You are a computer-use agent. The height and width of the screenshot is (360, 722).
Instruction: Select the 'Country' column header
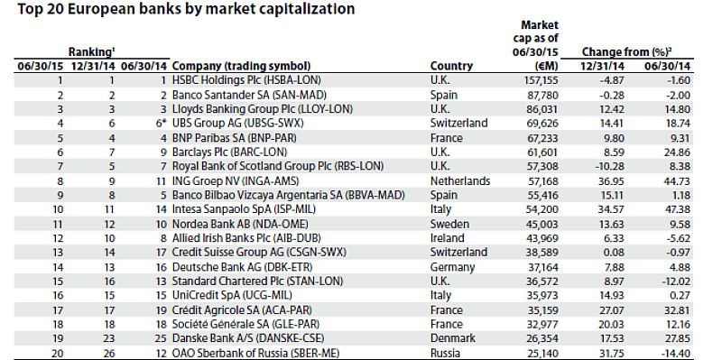click(x=451, y=66)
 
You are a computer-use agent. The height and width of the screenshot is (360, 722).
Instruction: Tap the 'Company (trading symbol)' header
click(x=241, y=66)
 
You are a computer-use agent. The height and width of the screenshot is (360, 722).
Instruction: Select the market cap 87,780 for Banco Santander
click(x=544, y=95)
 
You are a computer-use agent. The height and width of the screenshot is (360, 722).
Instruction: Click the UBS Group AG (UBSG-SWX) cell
click(x=238, y=124)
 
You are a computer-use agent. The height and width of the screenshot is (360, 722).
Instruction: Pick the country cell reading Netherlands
click(x=460, y=181)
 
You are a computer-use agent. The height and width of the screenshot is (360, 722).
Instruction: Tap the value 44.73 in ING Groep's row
click(x=678, y=181)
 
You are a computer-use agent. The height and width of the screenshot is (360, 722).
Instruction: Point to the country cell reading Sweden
click(x=449, y=224)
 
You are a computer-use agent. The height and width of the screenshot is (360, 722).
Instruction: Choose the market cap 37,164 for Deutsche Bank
click(x=544, y=267)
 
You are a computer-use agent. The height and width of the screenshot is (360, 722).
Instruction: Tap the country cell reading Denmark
click(x=453, y=338)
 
